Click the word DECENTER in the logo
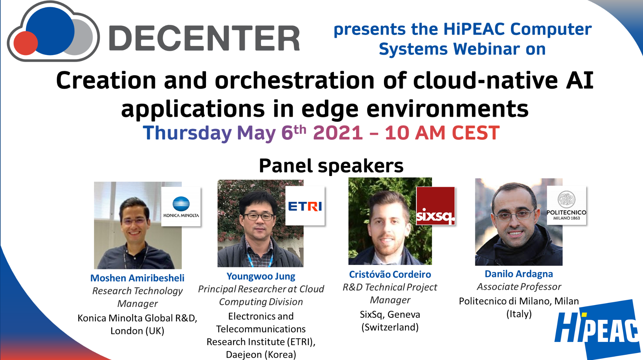point(204,38)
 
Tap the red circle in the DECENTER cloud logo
point(26,43)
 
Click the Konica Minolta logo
point(181,207)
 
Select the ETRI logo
point(305,206)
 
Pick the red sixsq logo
point(436,206)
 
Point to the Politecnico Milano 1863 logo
point(566,206)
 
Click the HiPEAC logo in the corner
point(597,329)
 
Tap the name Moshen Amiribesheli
point(137,278)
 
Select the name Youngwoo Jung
point(261,276)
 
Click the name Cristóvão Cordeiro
point(390,274)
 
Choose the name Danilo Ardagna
point(519,274)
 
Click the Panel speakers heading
point(331,166)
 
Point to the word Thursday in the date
point(187,133)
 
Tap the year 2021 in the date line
point(338,133)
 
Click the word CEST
point(476,133)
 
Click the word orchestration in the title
point(295,81)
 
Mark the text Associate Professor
point(519,287)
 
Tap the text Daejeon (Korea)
point(261,355)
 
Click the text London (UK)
point(137,331)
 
